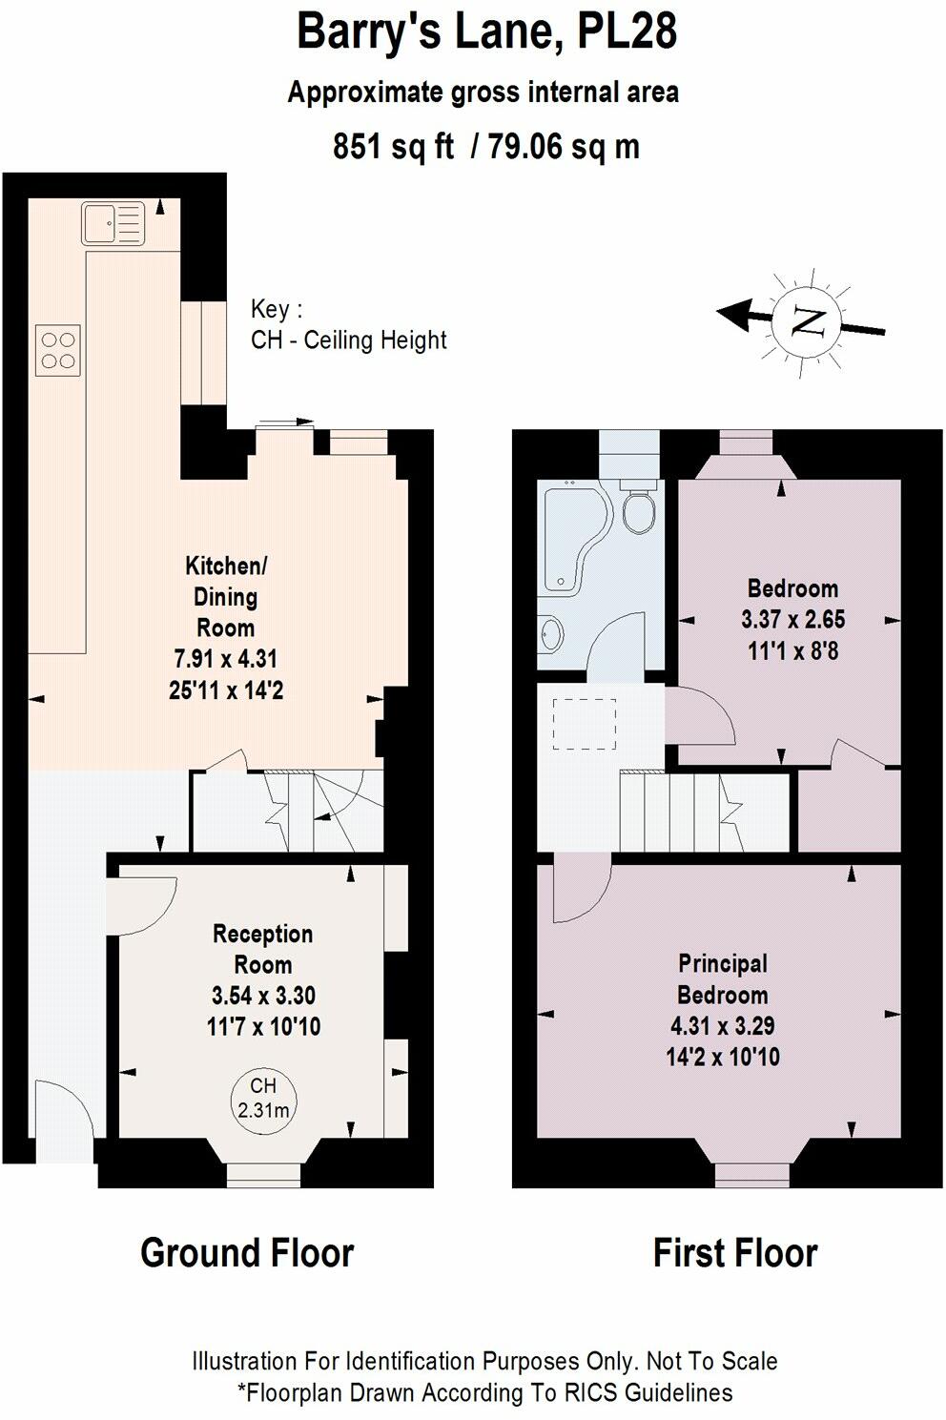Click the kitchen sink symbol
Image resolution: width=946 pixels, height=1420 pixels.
pyautogui.click(x=113, y=223)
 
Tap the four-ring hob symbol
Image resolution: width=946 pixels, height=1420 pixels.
pyautogui.click(x=57, y=350)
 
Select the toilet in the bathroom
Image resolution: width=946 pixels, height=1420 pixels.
pyautogui.click(x=638, y=510)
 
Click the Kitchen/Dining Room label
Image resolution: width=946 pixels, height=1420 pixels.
pyautogui.click(x=226, y=596)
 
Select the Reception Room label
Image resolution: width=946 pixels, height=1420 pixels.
pyautogui.click(x=262, y=949)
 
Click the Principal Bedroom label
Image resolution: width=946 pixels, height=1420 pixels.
pyautogui.click(x=722, y=979)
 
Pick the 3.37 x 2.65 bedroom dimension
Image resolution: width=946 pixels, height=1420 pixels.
pyautogui.click(x=792, y=620)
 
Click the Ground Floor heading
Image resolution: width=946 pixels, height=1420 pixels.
pyautogui.click(x=247, y=1252)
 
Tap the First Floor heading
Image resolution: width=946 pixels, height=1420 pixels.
pyautogui.click(x=734, y=1252)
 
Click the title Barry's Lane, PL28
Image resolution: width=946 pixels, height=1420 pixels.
pyautogui.click(x=486, y=31)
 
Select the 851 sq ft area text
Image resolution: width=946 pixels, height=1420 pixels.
pyautogui.click(x=393, y=147)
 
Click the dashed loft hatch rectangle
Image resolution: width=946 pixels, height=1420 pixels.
pyautogui.click(x=585, y=723)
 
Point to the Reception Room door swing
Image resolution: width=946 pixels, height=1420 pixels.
pyautogui.click(x=138, y=906)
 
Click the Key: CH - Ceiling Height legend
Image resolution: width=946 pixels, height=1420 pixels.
pyautogui.click(x=348, y=325)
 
